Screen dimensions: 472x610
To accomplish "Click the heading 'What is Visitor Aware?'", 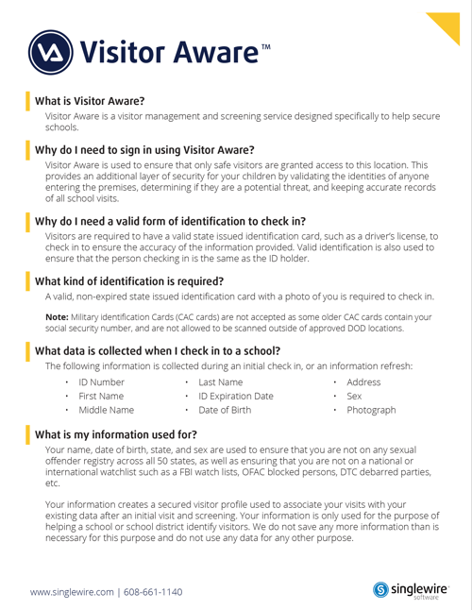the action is pos(90,100).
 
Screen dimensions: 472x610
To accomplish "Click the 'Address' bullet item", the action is pos(363,381).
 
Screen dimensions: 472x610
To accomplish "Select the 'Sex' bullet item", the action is pos(355,397).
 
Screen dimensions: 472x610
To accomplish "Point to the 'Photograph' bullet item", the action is pos(371,412).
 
